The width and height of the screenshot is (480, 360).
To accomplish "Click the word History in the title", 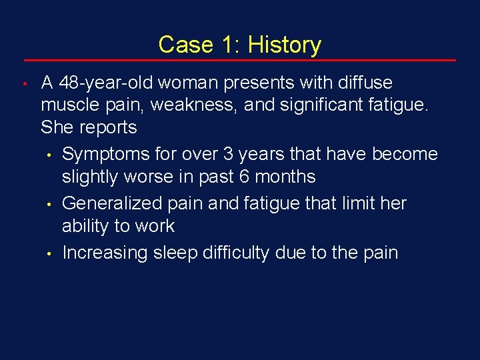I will pos(284,45).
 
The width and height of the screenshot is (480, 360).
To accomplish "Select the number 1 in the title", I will pos(229,45).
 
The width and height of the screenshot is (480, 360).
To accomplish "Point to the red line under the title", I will pos(240,61).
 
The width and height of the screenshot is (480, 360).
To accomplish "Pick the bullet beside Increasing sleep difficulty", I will pos(49,254).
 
